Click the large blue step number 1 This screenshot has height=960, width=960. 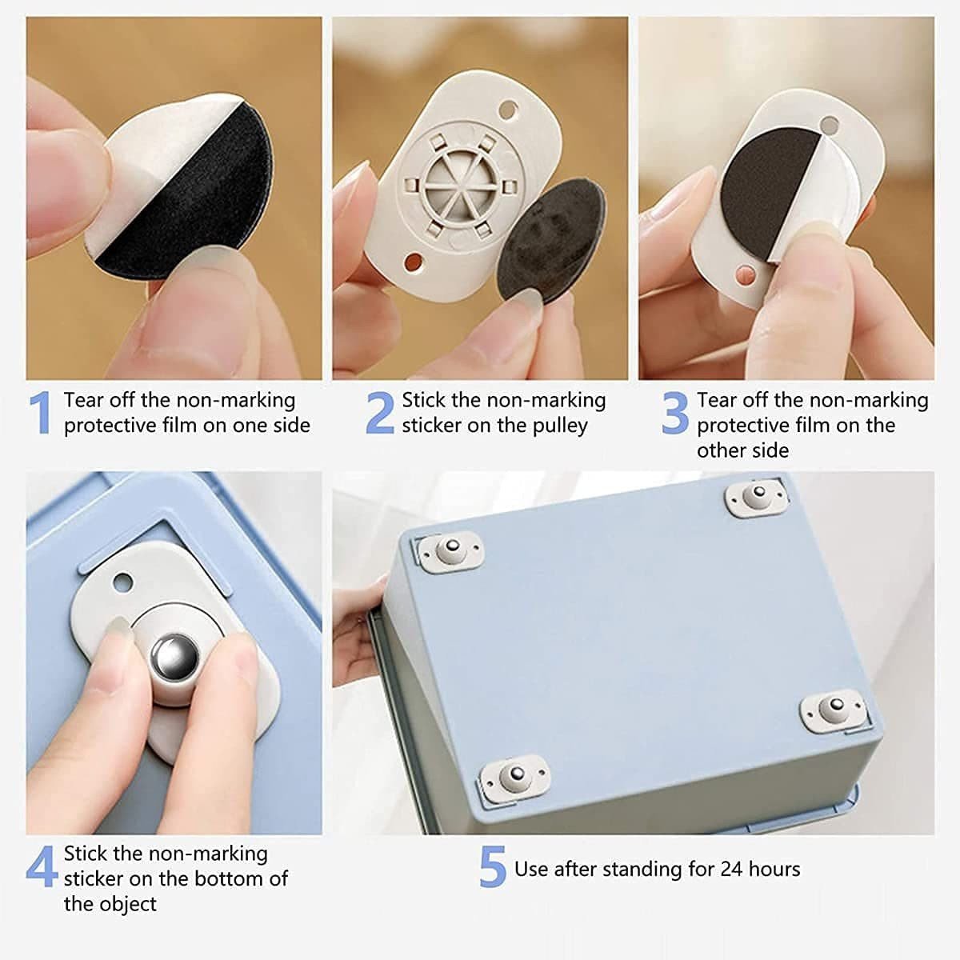point(40,413)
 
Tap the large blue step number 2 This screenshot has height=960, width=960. point(380,413)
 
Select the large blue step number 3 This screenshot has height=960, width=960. point(675,413)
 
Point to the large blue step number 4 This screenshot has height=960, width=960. point(42,866)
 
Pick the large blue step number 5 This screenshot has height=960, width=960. point(493,868)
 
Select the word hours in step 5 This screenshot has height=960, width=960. point(774,869)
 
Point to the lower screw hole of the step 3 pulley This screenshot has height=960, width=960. point(745,274)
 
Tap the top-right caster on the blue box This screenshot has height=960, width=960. point(755,497)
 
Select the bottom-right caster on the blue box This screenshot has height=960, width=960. point(834,709)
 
